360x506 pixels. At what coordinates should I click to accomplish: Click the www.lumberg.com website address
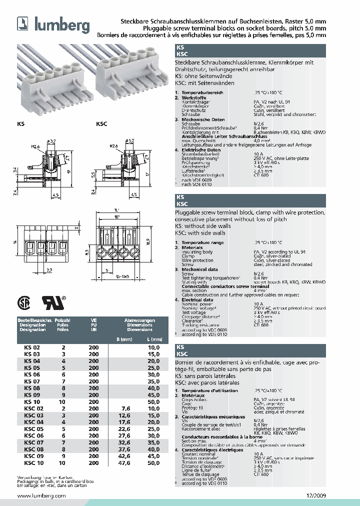41,495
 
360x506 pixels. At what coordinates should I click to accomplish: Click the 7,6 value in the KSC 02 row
125,408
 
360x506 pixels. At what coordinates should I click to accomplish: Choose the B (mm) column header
123,339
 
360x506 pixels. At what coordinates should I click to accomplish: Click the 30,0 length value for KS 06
153,374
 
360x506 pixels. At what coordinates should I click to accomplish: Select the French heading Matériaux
193,395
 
